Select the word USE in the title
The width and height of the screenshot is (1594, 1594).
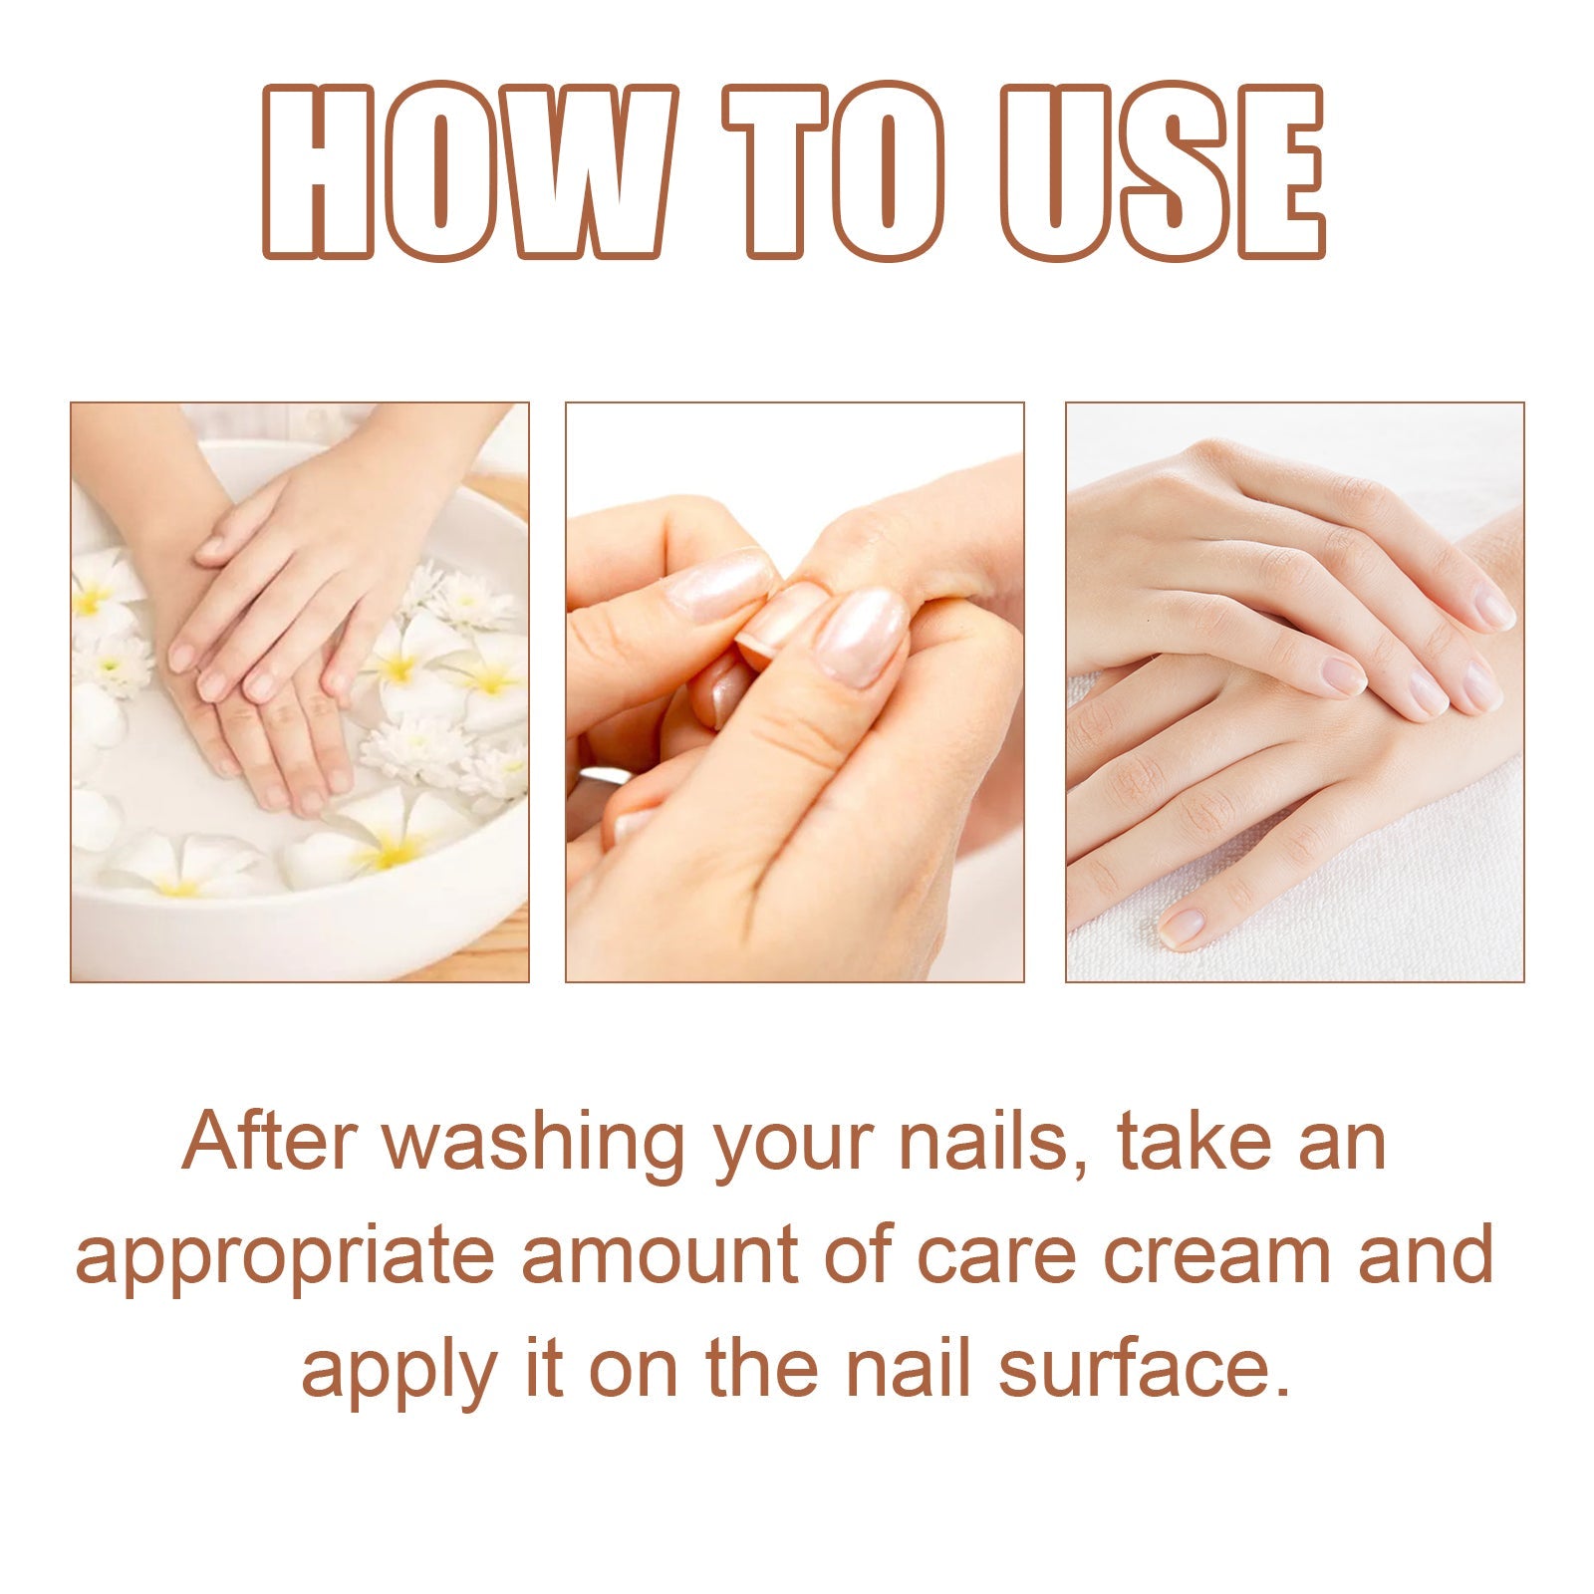pos(1162,171)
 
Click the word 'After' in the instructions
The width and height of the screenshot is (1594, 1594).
pos(269,1141)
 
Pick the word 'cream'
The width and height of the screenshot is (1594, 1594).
pos(1217,1255)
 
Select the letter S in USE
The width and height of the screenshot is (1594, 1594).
pos(1162,171)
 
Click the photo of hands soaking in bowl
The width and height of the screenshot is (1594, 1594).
pos(299,692)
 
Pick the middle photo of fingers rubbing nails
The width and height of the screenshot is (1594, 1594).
pos(795,692)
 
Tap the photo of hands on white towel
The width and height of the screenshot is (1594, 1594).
pos(1295,692)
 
